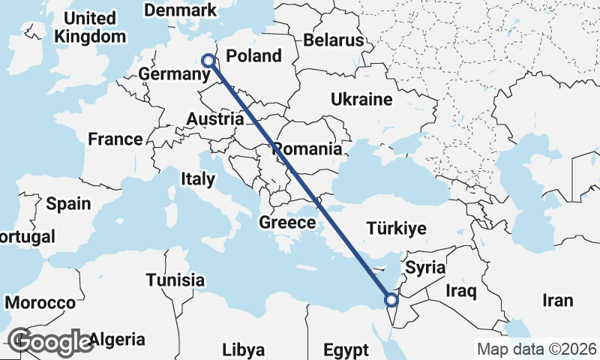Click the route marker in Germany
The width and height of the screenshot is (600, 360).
[x=208, y=61]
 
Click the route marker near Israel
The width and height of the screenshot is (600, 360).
[x=391, y=301]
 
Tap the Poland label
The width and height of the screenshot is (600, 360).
[x=253, y=55]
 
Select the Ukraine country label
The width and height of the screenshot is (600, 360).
[x=361, y=99]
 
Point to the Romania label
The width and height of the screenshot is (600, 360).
[x=307, y=148]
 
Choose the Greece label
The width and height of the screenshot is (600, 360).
[x=287, y=223]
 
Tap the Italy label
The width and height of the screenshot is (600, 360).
[x=197, y=179]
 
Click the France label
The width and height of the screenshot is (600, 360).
[x=115, y=139]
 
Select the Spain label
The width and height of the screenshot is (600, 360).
[x=68, y=203]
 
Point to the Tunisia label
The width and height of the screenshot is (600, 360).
[x=175, y=280]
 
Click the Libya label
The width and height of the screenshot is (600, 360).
[x=244, y=349]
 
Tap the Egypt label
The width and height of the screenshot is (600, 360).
[x=346, y=349]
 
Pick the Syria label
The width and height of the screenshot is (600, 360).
[x=425, y=268]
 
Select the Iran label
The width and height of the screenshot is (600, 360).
[x=557, y=300]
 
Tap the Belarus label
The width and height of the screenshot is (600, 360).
[x=333, y=40]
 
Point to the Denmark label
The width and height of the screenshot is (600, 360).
[x=180, y=10]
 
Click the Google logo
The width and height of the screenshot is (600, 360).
[x=52, y=342]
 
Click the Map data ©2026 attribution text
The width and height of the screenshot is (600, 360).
[x=537, y=349]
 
